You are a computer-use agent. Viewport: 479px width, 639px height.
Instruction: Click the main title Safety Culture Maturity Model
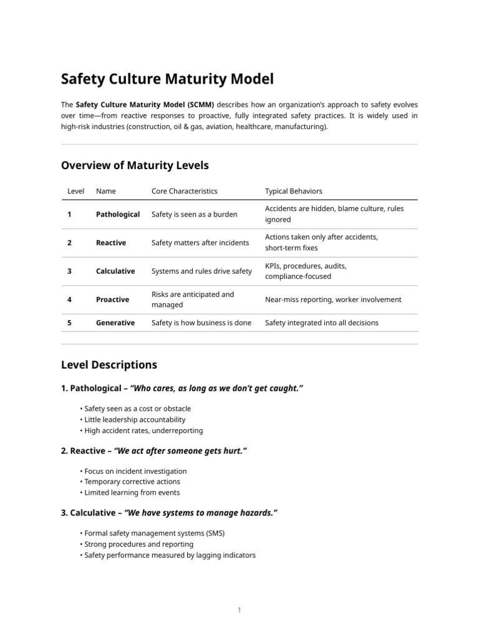[167, 79]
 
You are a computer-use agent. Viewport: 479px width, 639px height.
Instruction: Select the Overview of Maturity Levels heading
[135, 165]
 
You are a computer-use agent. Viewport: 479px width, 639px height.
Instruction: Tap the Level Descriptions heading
[109, 364]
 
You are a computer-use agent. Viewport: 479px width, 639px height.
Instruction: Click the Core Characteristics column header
[185, 191]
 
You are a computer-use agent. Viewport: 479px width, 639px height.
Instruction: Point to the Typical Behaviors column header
[293, 191]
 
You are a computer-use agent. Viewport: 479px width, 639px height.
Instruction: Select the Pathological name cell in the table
[117, 214]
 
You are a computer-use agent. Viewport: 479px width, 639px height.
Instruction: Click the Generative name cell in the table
[115, 323]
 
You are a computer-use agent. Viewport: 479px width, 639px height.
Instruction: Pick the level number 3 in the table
[69, 271]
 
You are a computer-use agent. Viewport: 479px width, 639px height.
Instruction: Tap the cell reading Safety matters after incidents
[200, 243]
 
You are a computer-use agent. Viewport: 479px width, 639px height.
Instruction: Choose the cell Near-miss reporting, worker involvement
[333, 300]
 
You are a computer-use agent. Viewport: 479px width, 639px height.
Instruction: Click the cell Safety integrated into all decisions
[321, 323]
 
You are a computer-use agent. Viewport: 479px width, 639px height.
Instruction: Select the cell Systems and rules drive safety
[201, 271]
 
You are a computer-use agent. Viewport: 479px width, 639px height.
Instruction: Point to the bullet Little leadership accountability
[135, 419]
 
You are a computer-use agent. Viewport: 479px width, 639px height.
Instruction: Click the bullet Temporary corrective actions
[132, 482]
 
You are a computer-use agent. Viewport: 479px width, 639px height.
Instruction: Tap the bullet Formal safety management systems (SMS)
[154, 533]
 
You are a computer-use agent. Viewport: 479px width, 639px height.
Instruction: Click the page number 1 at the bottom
[239, 610]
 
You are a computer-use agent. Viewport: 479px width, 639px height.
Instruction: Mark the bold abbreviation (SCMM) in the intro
[196, 105]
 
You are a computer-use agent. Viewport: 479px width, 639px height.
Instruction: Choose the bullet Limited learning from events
[132, 492]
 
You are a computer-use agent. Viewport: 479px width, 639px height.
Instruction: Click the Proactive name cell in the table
[112, 300]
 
